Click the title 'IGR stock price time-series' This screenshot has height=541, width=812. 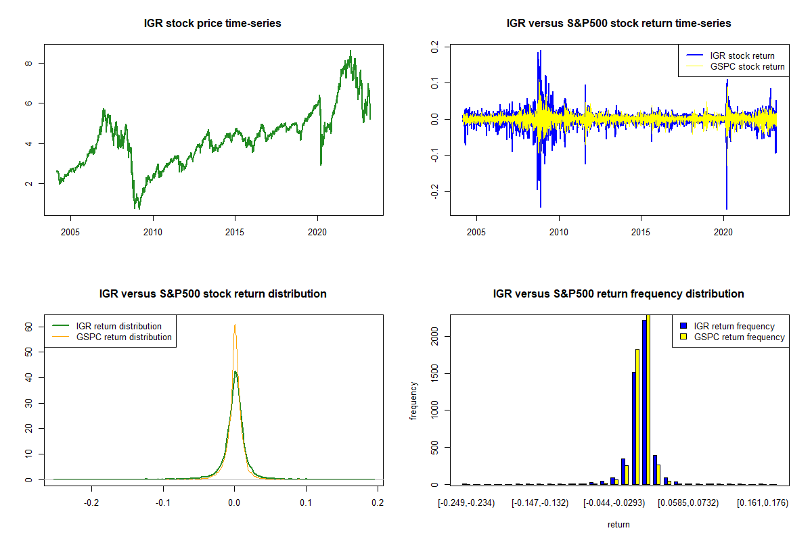(x=212, y=24)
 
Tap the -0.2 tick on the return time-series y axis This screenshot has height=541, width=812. (x=433, y=192)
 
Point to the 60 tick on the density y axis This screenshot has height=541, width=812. (x=28, y=327)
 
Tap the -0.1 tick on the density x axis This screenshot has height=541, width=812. (x=163, y=503)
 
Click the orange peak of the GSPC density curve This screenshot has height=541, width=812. (x=235, y=325)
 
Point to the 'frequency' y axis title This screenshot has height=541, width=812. (x=414, y=401)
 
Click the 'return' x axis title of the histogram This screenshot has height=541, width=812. (x=618, y=524)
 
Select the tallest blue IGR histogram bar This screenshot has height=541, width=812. (x=644, y=402)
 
